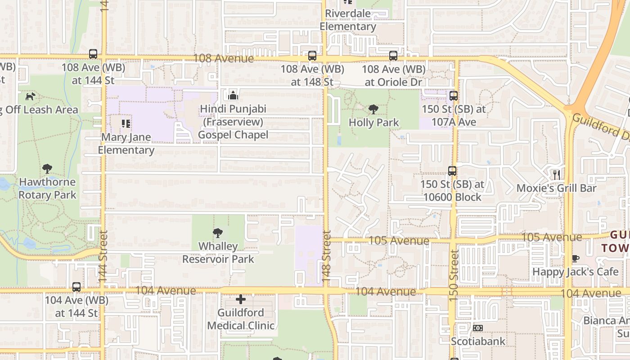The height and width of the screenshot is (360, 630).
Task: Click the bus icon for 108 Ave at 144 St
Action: point(93,54)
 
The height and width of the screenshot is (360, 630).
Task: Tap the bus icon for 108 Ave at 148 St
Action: point(312,56)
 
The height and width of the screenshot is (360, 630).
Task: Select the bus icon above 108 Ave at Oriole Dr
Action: point(393,56)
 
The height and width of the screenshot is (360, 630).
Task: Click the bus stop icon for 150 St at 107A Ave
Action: point(453,95)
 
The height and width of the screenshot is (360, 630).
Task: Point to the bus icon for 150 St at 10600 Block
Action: point(452,171)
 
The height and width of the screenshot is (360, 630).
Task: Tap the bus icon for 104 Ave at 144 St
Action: point(76,287)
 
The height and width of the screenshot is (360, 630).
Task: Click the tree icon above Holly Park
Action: point(373,109)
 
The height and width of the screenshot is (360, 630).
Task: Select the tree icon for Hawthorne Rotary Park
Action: point(47,169)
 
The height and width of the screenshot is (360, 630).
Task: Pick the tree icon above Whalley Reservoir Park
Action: point(218,233)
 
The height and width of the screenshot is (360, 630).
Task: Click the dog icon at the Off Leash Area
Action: point(31,96)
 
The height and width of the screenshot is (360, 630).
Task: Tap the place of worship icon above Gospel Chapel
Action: point(233,95)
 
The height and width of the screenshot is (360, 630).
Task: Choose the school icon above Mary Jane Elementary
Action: point(126,123)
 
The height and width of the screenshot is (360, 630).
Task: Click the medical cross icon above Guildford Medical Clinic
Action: point(241,299)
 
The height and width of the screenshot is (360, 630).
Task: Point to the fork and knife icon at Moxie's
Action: point(557,175)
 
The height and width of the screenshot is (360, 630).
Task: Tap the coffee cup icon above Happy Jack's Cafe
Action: point(575,258)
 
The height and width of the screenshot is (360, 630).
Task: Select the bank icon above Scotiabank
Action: point(478,328)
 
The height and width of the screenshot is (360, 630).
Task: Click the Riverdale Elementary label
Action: point(348,20)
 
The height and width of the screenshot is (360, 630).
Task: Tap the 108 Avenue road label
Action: point(223,58)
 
